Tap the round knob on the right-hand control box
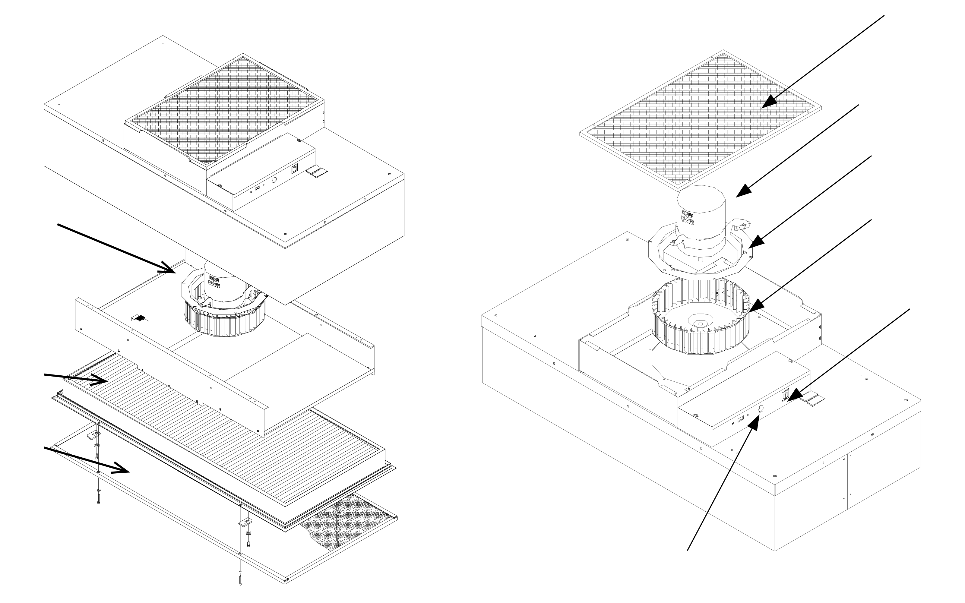click(760, 408)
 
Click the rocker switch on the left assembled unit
click(295, 169)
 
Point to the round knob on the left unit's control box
click(274, 180)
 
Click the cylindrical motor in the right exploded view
click(701, 217)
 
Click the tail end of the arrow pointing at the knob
click(688, 550)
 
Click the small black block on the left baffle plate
click(140, 318)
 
